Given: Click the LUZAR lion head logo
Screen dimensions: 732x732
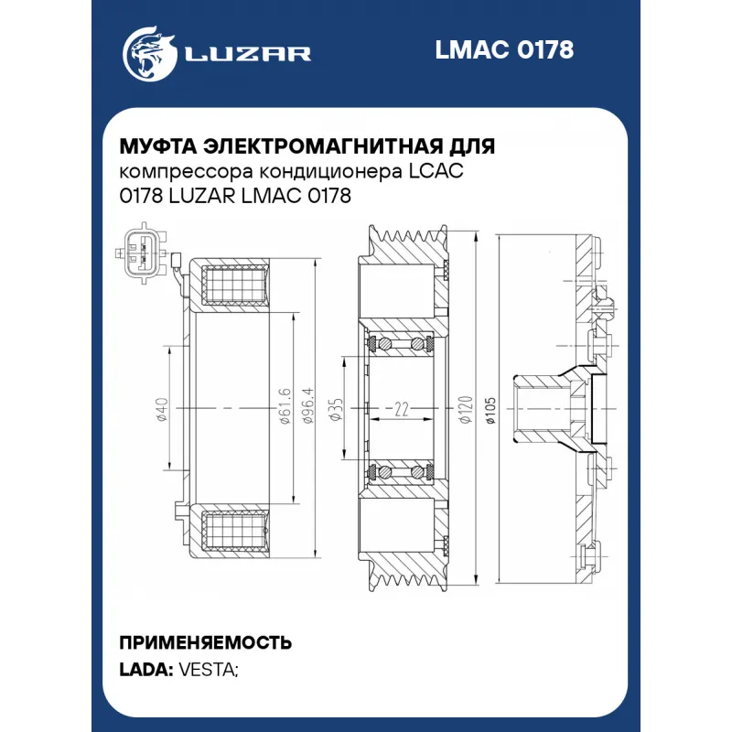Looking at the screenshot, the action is pyautogui.click(x=150, y=54).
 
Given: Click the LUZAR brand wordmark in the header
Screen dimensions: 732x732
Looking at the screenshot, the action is pyautogui.click(x=248, y=54).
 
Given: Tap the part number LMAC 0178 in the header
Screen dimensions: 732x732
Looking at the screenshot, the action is pyautogui.click(x=504, y=49).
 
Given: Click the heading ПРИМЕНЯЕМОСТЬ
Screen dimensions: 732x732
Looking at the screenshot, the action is pyautogui.click(x=206, y=643).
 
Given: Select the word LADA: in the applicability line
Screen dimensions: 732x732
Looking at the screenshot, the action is pyautogui.click(x=146, y=670).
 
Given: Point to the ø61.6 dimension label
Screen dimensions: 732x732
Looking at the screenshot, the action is pyautogui.click(x=285, y=405).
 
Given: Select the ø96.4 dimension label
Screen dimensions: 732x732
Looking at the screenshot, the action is pyautogui.click(x=308, y=405).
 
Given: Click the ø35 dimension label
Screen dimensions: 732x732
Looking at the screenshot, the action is pyautogui.click(x=336, y=409).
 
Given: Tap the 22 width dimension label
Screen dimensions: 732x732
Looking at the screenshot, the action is pyautogui.click(x=402, y=409).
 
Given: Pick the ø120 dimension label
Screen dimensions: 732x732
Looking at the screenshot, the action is pyautogui.click(x=466, y=409).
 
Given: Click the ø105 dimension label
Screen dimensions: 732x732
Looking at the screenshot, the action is pyautogui.click(x=490, y=409).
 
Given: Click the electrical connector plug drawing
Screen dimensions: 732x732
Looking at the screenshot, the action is pyautogui.click(x=141, y=253).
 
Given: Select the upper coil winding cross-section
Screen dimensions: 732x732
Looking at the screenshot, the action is pyautogui.click(x=235, y=285).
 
